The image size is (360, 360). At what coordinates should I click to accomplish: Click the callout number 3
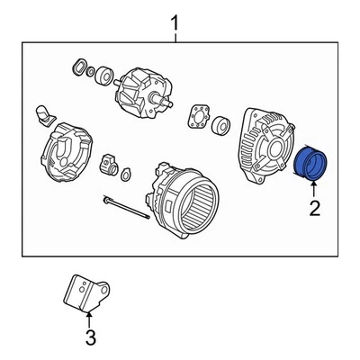(x=89, y=338)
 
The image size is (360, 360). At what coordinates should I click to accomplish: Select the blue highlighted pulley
(x=312, y=165)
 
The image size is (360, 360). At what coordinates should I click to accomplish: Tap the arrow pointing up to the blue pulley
(x=313, y=191)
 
